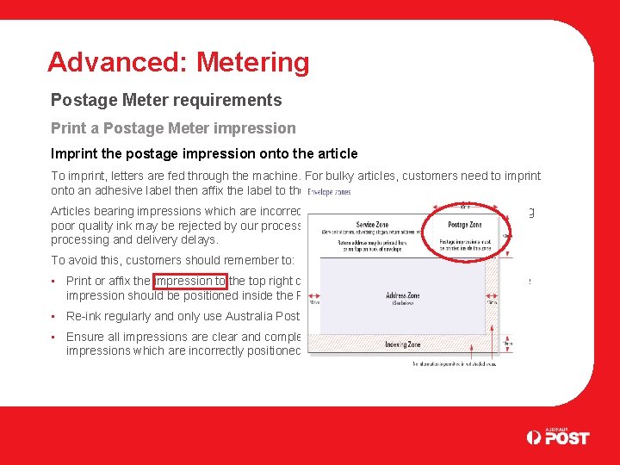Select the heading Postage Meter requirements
166,101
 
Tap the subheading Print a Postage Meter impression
173,128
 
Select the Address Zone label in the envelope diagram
401,295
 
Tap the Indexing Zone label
402,344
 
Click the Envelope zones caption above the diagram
328,192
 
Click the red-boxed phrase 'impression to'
189,281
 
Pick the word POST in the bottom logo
568,437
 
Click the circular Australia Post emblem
535,437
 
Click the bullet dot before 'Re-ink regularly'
53,316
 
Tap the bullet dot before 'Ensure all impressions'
53,337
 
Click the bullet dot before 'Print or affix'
53,281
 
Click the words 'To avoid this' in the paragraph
86,260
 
